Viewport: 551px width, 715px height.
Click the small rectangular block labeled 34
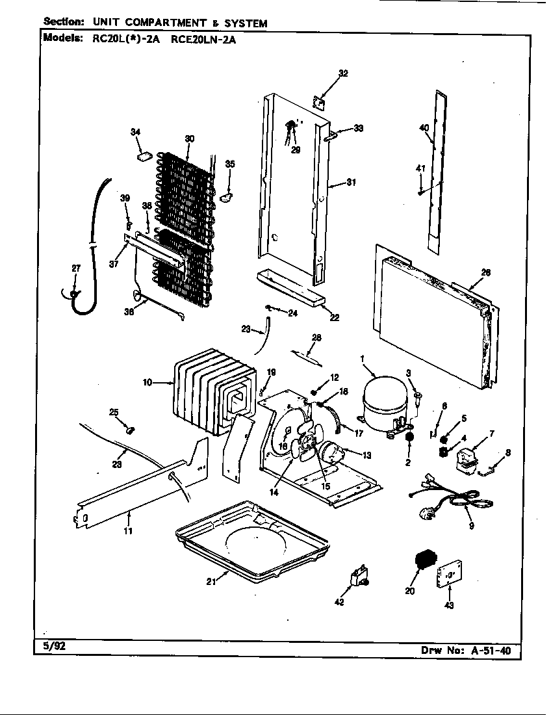click(144, 156)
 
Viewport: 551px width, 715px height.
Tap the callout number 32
click(344, 73)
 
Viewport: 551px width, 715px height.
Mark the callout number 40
click(424, 128)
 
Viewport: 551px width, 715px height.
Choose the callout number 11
click(128, 531)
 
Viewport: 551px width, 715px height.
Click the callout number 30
click(190, 138)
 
